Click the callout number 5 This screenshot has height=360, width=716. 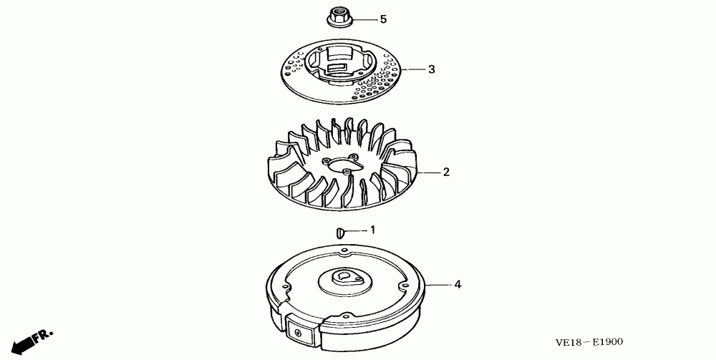(383, 19)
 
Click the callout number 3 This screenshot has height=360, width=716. (432, 69)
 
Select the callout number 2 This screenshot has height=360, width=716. (445, 172)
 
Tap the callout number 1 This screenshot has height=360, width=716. (372, 230)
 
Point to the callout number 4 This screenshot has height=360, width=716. (458, 285)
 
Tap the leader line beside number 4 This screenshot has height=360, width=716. (438, 285)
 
